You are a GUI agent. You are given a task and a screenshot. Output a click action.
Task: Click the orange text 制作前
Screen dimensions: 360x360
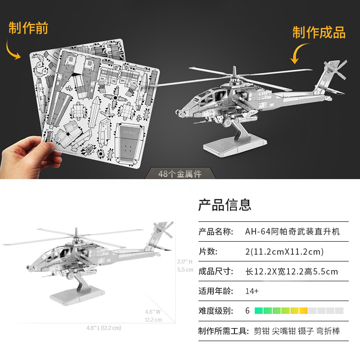click(x=28, y=28)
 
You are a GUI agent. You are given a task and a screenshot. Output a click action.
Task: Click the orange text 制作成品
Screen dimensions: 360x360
click(x=319, y=32)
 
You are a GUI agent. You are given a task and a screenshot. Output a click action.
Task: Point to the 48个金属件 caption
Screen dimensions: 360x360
click(x=180, y=174)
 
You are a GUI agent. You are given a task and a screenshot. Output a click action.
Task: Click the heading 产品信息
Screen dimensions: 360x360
click(x=225, y=205)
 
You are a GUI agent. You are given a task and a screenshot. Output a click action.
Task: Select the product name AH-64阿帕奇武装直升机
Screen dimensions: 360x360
click(x=292, y=232)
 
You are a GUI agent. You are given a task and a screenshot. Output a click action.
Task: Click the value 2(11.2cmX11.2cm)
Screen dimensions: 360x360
click(x=284, y=252)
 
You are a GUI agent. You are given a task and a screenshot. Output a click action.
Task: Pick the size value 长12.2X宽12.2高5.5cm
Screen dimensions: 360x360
click(x=292, y=271)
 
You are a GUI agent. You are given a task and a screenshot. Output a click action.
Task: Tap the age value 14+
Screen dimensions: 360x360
click(x=252, y=291)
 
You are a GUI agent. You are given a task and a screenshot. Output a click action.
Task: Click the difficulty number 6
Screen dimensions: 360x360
click(x=247, y=310)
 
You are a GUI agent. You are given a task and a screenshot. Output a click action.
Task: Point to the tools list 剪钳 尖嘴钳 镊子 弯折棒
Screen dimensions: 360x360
click(x=297, y=331)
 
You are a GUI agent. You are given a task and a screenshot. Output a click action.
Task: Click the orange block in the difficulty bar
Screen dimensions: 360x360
click(x=303, y=310)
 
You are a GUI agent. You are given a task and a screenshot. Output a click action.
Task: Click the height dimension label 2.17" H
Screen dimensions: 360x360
click(x=184, y=261)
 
